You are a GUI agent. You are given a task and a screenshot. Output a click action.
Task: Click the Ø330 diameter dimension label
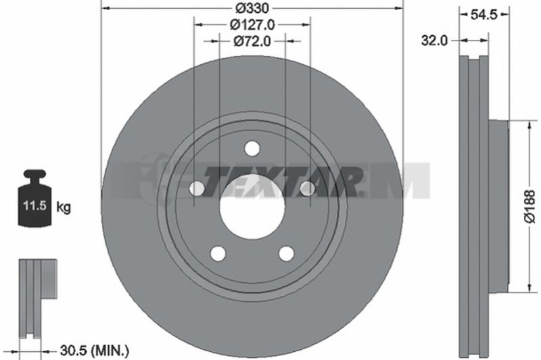[252, 8]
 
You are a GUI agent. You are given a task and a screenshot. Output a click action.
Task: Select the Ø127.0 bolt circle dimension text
[252, 25]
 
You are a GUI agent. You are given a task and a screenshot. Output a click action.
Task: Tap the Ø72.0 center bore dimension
[252, 41]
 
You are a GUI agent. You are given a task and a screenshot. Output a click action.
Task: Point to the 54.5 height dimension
[484, 14]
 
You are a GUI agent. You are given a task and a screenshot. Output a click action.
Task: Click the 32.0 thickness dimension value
[434, 41]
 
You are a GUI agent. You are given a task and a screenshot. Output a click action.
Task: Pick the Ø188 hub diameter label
[530, 206]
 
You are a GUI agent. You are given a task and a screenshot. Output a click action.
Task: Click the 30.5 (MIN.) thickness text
[95, 351]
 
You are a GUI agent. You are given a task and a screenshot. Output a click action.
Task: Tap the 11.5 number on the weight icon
[34, 206]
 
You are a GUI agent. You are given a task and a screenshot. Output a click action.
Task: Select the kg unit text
[64, 208]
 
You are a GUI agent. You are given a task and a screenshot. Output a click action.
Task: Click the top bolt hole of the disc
[252, 149]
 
